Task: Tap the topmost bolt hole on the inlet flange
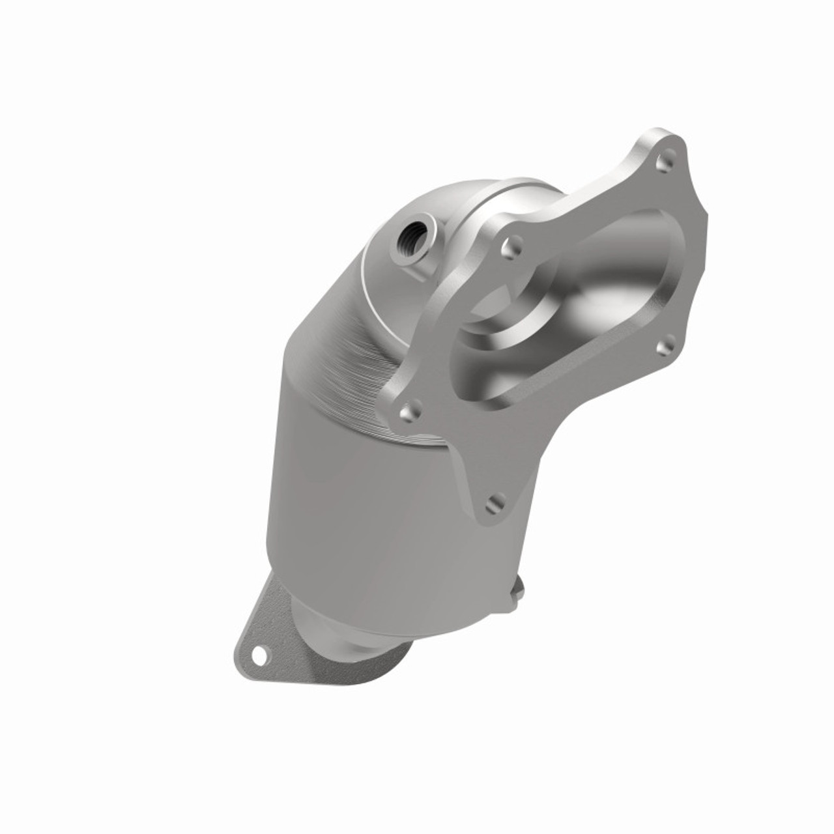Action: pyautogui.click(x=663, y=157)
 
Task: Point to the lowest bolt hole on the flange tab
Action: pyautogui.click(x=496, y=502)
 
